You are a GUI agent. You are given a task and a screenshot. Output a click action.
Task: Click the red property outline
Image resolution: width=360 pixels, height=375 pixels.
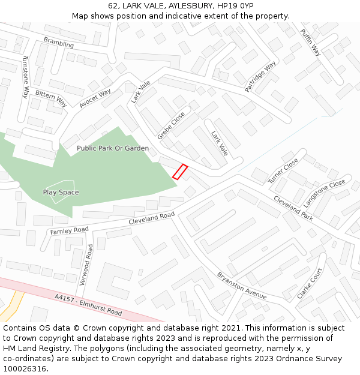[x=180, y=172]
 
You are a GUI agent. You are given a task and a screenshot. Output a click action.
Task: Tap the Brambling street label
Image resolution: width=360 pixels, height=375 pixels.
[x=59, y=42]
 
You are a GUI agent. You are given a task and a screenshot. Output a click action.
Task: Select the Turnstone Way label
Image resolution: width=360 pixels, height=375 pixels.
[x=25, y=76]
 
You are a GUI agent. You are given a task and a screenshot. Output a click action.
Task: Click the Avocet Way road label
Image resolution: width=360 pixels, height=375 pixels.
[x=95, y=98]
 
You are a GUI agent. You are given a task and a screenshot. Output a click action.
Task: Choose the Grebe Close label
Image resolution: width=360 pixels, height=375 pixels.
[x=171, y=126]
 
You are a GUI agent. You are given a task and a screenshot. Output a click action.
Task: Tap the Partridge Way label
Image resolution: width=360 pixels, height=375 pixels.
[x=260, y=76]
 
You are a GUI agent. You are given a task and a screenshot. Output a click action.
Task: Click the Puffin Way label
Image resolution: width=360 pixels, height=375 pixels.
[x=311, y=43]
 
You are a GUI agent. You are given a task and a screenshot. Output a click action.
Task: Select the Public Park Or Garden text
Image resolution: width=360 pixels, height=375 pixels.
[x=113, y=148]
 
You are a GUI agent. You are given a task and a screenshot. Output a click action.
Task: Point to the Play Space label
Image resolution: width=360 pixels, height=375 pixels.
[x=61, y=193]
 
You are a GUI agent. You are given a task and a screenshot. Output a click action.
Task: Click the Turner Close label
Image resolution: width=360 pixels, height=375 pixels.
[x=283, y=172]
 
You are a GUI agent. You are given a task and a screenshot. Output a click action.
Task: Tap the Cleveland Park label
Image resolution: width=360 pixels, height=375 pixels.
[x=293, y=208]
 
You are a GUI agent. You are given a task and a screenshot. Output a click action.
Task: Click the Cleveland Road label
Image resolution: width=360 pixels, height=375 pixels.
[x=152, y=218]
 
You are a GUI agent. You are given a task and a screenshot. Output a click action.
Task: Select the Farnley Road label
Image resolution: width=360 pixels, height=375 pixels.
[x=69, y=230]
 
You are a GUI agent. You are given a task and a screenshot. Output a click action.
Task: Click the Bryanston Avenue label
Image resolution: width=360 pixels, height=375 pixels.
[x=242, y=286]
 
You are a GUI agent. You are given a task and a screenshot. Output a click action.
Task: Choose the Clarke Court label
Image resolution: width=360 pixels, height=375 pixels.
[x=310, y=283]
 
